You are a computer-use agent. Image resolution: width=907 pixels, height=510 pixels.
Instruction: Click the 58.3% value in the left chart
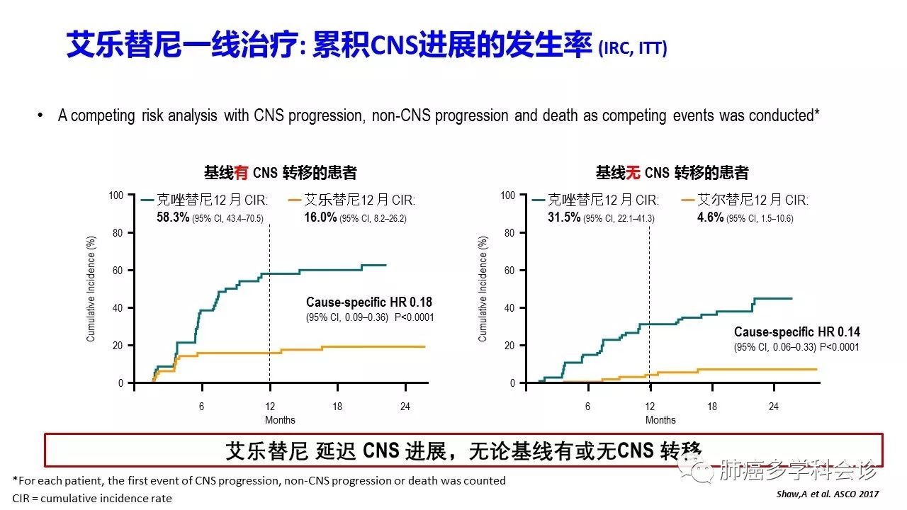[173, 218]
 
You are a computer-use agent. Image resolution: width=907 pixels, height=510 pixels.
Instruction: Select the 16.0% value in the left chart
[320, 218]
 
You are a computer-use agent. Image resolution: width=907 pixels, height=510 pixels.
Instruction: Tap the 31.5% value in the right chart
[564, 218]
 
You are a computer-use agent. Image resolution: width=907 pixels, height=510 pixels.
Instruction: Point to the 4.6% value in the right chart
[710, 218]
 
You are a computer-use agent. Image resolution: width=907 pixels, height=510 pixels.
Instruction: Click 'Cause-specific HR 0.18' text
[368, 302]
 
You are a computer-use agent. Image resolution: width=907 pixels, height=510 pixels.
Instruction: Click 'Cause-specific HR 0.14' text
[797, 332]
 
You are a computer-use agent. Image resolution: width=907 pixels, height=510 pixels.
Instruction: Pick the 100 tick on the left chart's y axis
[116, 195]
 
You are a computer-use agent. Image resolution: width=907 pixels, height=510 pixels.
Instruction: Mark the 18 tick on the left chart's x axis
[337, 407]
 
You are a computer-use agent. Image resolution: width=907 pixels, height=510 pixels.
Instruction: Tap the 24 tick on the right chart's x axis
[774, 407]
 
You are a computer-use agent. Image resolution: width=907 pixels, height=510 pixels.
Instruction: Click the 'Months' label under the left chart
[280, 420]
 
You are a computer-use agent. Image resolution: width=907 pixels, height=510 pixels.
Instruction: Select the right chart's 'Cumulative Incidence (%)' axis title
[484, 289]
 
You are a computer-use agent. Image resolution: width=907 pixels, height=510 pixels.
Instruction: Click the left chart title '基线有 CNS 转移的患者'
[280, 172]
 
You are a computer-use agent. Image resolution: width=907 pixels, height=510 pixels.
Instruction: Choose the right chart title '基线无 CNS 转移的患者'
[672, 172]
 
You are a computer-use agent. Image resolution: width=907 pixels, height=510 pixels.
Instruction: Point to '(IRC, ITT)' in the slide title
[633, 49]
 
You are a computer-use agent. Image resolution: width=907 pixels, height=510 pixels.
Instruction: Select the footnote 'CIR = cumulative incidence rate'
[92, 498]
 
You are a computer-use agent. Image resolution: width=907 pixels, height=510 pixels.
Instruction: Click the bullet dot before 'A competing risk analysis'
[40, 115]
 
